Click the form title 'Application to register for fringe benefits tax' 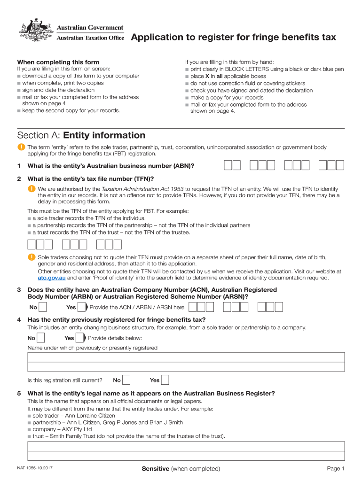click(x=233, y=37)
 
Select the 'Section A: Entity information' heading click(x=81, y=135)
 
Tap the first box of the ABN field click(x=228, y=165)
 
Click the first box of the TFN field click(x=31, y=244)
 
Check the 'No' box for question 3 click(x=43, y=307)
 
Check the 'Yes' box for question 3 click(x=81, y=307)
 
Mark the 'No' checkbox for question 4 click(x=41, y=338)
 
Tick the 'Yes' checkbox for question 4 click(x=79, y=338)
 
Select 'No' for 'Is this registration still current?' click(x=126, y=380)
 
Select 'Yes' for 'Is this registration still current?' click(x=165, y=380)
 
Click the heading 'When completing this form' click(x=58, y=62)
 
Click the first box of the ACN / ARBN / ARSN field click(x=192, y=307)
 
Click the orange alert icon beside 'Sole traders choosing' click(x=31, y=257)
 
